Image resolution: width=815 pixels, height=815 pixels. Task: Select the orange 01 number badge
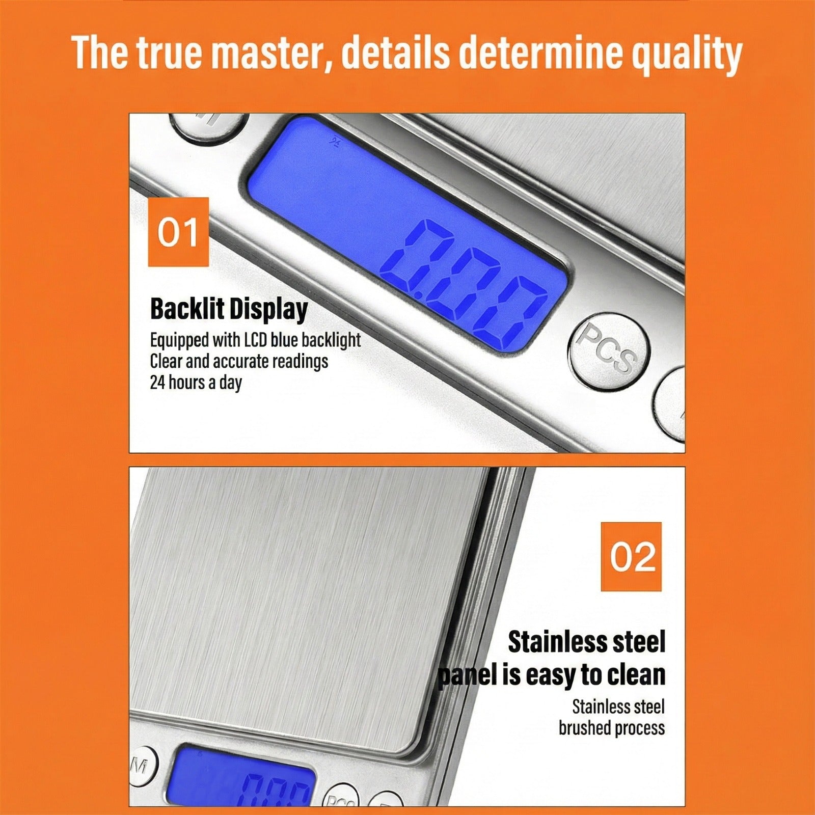(x=178, y=232)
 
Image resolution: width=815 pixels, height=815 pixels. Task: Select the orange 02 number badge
(x=631, y=556)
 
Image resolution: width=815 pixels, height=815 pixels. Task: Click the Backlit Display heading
(x=229, y=309)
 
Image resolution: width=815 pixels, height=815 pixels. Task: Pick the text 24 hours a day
(x=196, y=382)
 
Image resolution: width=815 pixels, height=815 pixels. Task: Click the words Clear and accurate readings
(x=239, y=361)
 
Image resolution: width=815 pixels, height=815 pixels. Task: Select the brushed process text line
(x=611, y=728)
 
